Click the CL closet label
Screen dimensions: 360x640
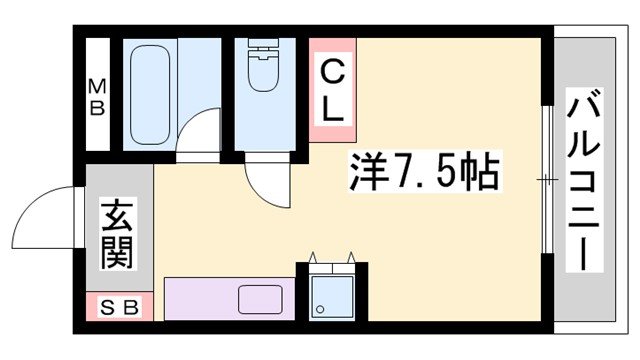coord(332,89)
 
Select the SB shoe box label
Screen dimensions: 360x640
coord(119,307)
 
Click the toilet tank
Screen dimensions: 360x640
coord(265,46)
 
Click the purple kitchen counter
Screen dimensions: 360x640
coord(200,300)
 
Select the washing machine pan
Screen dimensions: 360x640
coord(330,296)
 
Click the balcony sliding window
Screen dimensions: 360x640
coord(546,180)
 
